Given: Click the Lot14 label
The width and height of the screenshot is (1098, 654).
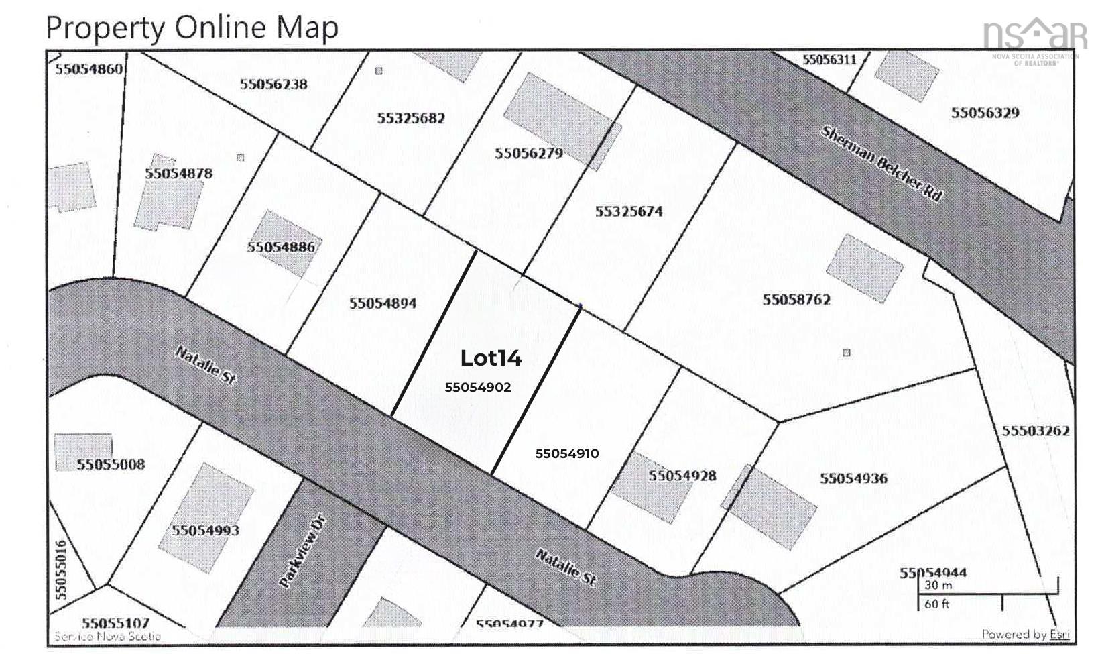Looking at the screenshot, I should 491,358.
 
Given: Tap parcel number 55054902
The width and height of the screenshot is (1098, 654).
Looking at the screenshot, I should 477,387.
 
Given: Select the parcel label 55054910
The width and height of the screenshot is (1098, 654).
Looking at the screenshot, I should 566,453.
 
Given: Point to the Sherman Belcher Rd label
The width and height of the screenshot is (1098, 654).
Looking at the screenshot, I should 881,164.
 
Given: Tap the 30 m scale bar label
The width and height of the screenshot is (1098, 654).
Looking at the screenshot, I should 938,585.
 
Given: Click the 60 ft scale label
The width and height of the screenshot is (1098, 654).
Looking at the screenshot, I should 936,604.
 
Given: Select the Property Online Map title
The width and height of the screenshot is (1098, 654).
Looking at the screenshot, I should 192,28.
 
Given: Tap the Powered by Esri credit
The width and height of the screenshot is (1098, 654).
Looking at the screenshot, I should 1025,634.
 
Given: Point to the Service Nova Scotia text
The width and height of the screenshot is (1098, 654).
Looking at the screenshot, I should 107,636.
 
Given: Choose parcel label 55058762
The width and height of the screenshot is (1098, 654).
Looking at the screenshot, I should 796,299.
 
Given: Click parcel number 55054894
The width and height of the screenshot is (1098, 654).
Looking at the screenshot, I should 382,303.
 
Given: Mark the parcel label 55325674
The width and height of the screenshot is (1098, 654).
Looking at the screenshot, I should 628,211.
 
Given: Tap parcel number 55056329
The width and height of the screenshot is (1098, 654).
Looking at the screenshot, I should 985,112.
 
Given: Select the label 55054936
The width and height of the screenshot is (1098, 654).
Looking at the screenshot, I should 853,478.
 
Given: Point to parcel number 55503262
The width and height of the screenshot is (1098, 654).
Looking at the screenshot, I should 1035,431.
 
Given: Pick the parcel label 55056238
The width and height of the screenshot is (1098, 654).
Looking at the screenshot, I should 273,84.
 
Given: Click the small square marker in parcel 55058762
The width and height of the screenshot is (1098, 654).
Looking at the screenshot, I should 846,352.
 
